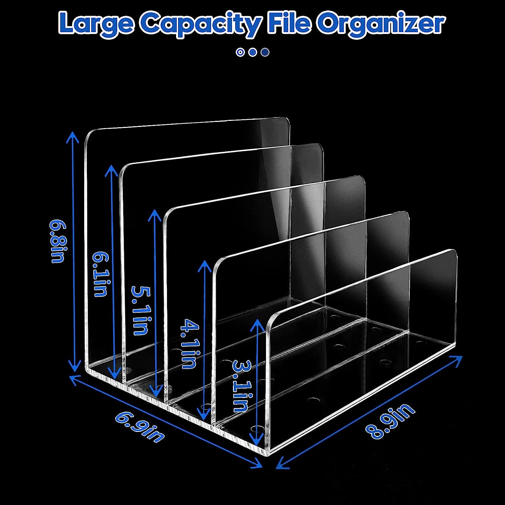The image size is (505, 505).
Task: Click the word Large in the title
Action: [96, 24]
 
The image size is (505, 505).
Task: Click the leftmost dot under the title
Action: [240, 52]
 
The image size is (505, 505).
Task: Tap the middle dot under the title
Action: [252, 52]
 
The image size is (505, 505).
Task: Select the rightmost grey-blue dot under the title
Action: [265, 52]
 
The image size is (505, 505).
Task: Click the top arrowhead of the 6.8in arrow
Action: [74, 135]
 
